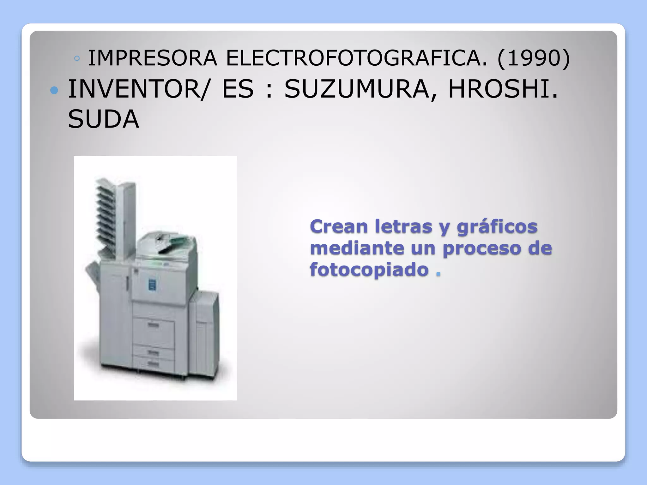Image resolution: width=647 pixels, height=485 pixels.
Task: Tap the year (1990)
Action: click(x=534, y=58)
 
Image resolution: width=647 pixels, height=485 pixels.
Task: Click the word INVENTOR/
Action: click(x=138, y=89)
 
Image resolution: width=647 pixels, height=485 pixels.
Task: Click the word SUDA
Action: click(x=103, y=119)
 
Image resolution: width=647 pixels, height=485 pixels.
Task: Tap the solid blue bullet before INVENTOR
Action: click(x=54, y=91)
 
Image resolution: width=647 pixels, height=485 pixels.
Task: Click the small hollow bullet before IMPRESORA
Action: click(x=77, y=58)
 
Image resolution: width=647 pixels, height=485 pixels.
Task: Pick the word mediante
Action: click(x=357, y=248)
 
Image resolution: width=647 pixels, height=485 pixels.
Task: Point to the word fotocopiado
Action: click(x=369, y=270)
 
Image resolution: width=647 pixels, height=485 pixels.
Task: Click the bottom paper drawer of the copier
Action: click(x=153, y=363)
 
